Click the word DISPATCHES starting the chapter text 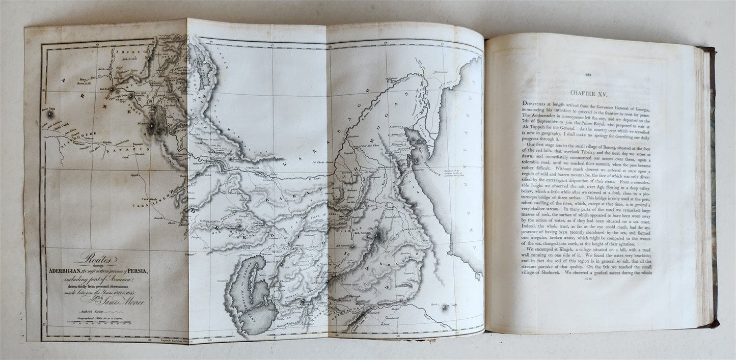(540, 103)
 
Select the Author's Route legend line (85, 311)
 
